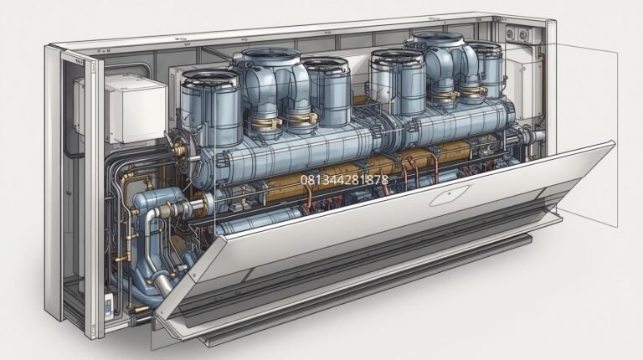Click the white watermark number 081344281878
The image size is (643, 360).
coord(344,180)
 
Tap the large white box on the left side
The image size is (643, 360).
coord(136,110)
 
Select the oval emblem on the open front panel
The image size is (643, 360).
coord(450,195)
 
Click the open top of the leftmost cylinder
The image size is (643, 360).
coord(210,78)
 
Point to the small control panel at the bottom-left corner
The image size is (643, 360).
coord(108,306)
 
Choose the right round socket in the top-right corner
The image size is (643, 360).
coord(523,35)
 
